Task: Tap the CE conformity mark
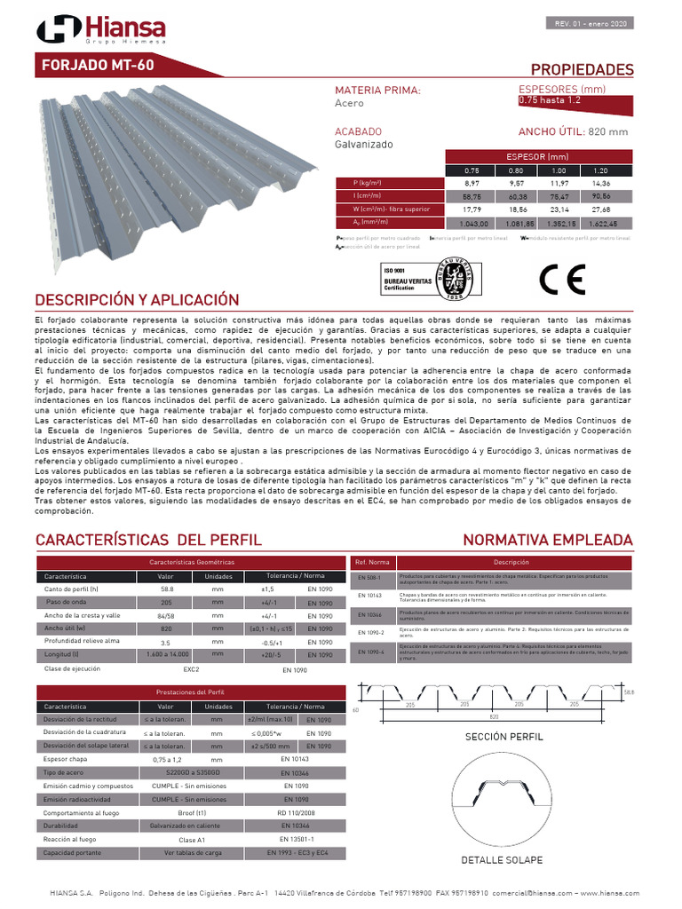coord(564,280)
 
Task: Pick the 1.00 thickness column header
coord(559,170)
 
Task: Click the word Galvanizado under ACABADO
coord(363,144)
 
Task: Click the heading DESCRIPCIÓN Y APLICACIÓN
coord(137,299)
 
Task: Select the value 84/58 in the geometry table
coord(165,615)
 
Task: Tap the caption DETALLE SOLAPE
coord(502,860)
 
